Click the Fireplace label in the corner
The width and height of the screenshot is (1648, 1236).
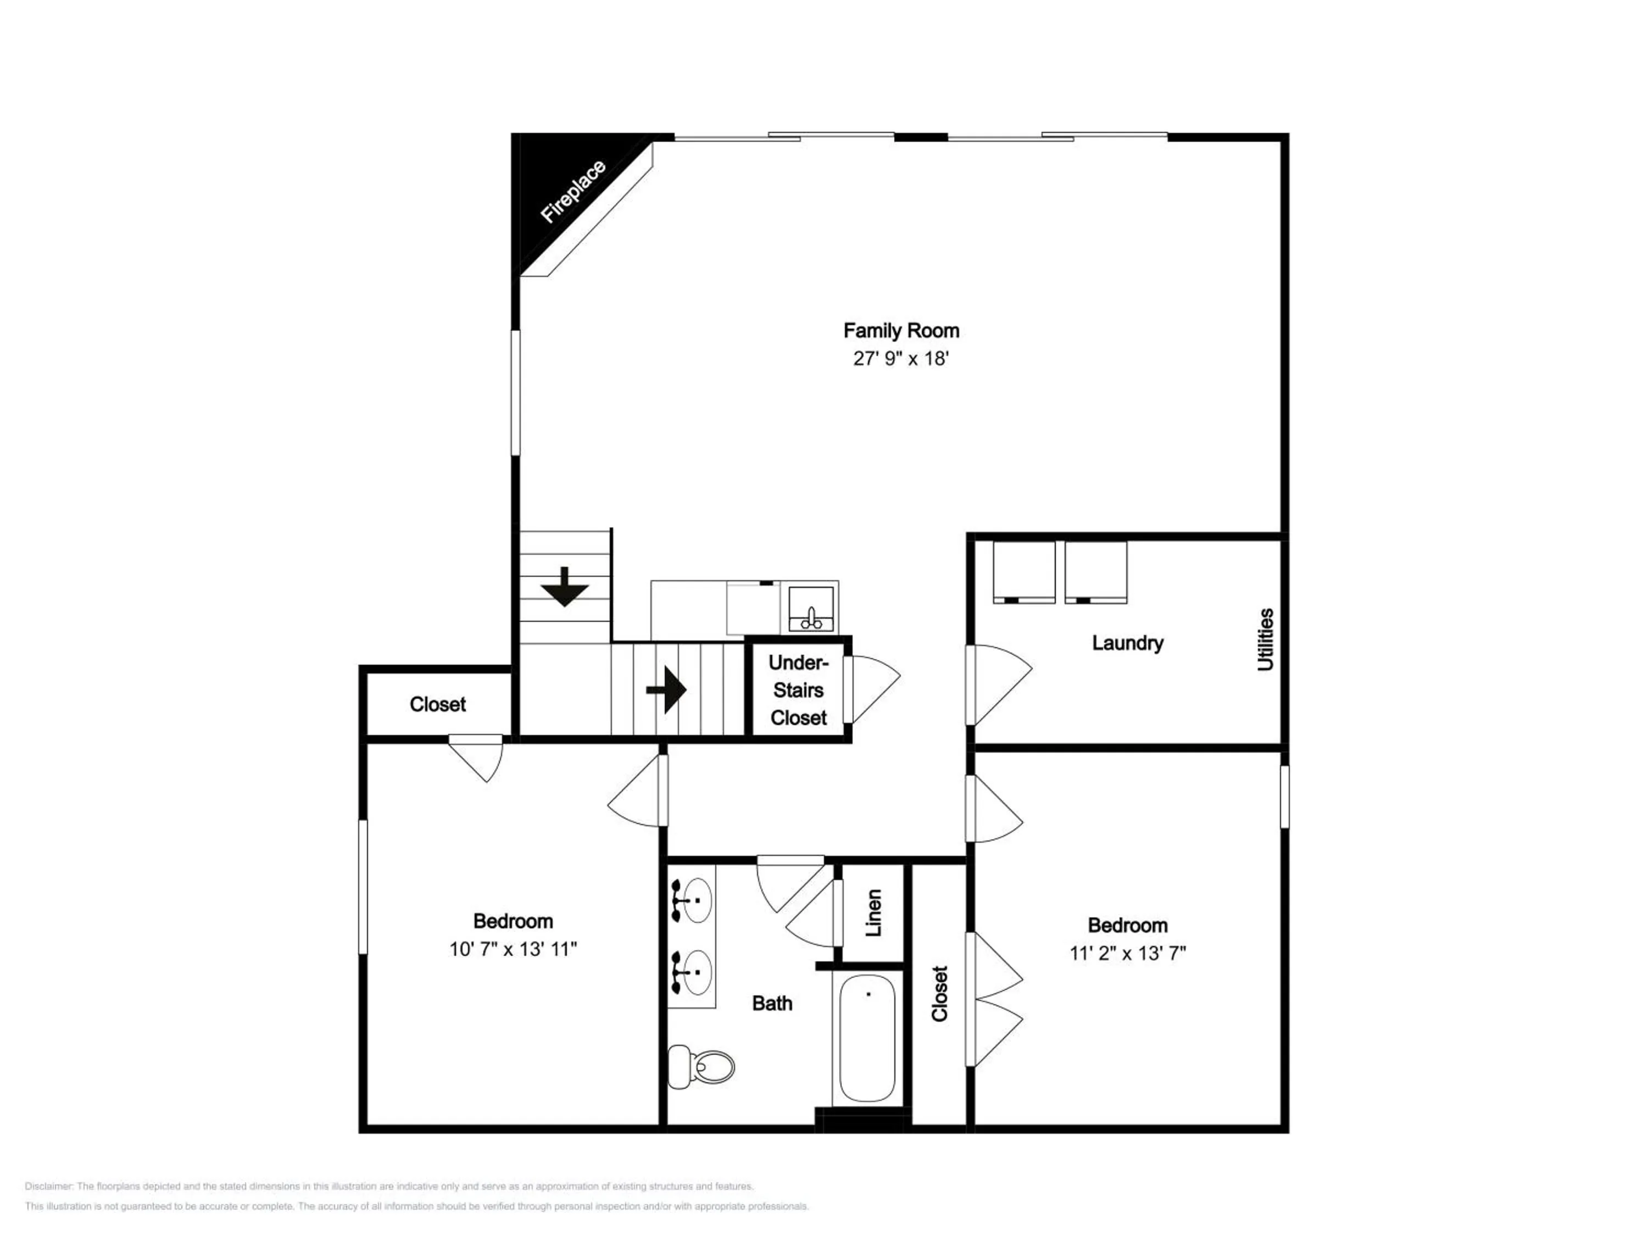coord(573,192)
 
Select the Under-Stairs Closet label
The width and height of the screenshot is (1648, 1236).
coord(798,690)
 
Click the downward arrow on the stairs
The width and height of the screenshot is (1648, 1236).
coord(565,586)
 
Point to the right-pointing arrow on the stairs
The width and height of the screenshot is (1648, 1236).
coord(667,690)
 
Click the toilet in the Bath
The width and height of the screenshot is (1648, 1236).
coord(703,1067)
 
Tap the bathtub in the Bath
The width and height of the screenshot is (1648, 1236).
coord(867,1038)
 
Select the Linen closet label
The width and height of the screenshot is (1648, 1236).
coord(874,912)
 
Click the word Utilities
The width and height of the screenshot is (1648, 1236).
coord(1265,639)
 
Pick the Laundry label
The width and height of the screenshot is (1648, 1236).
coord(1127,643)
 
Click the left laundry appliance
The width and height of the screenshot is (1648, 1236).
coord(1023,571)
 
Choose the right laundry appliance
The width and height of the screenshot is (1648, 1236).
coord(1095,571)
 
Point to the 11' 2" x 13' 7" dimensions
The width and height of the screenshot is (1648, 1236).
coord(1127,954)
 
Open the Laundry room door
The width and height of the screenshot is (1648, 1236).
coord(998,684)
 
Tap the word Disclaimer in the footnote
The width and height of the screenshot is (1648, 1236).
coord(48,1186)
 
